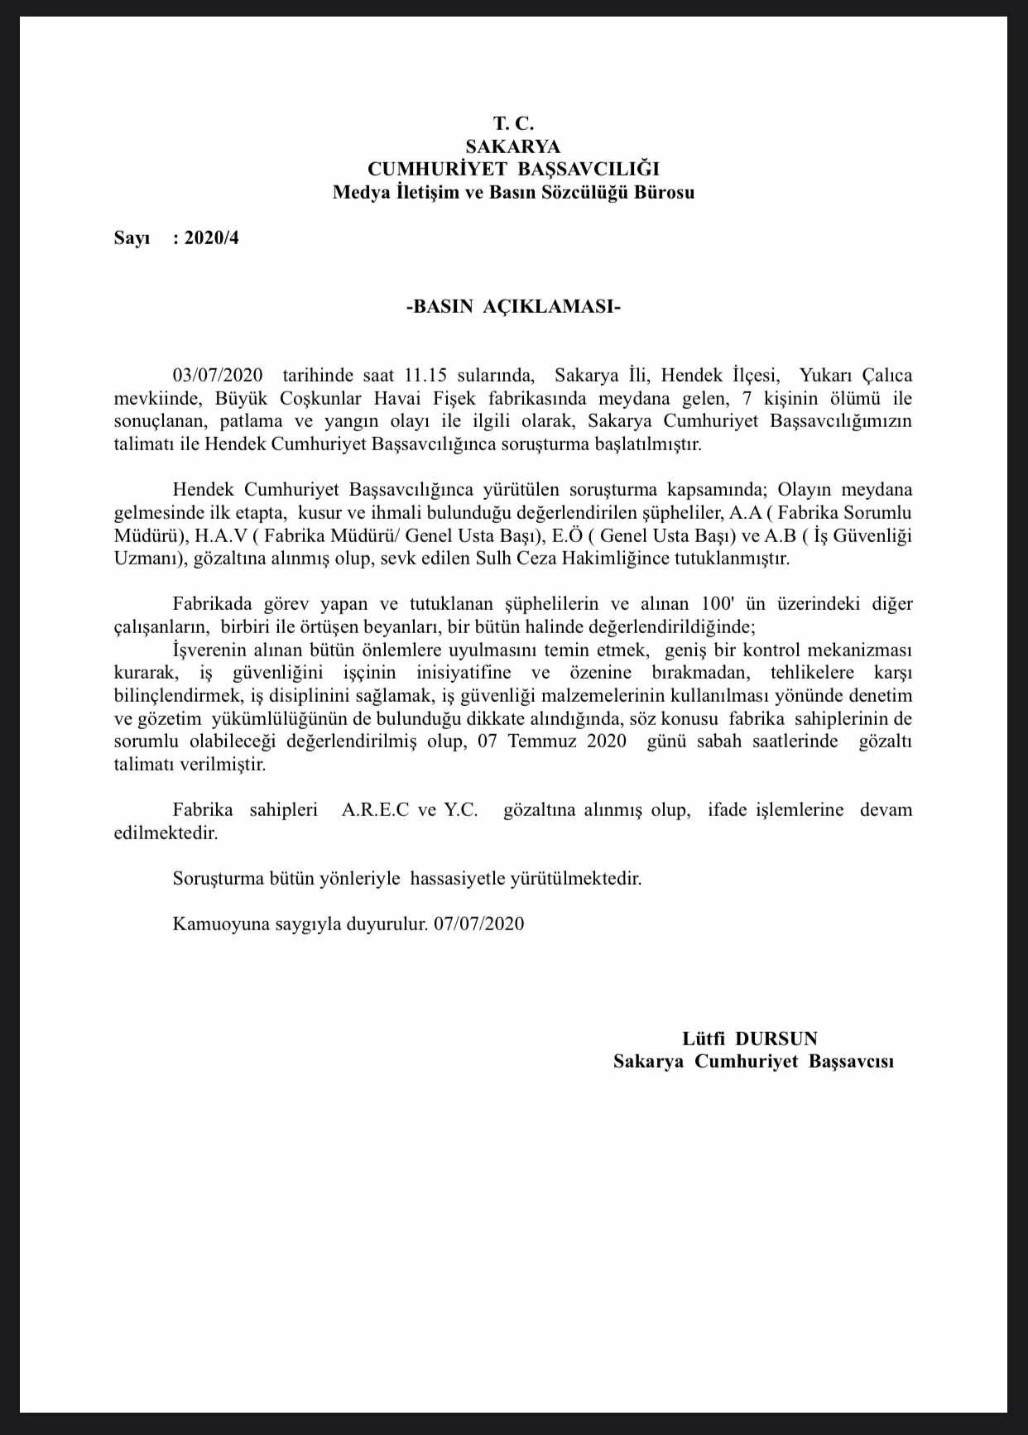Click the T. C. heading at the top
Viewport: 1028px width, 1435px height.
(513, 123)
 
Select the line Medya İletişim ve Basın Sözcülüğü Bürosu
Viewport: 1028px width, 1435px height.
(513, 193)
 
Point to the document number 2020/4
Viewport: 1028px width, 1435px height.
(211, 239)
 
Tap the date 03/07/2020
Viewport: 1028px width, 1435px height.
(217, 376)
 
